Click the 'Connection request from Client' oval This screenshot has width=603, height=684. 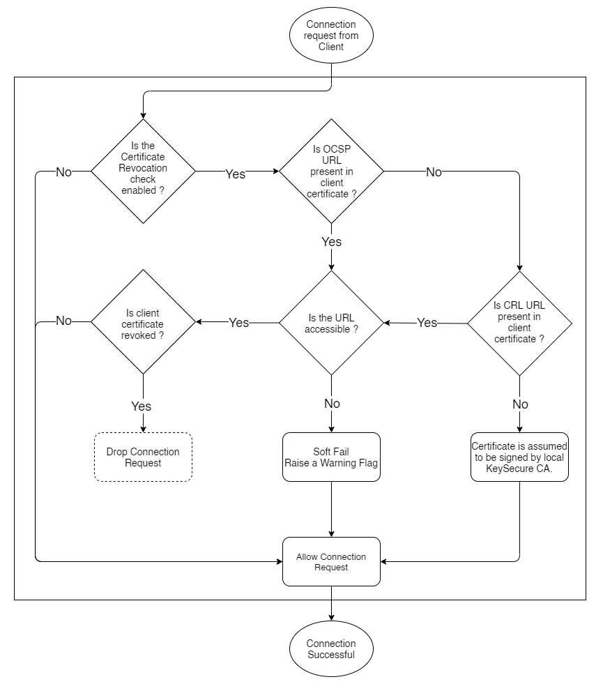tap(331, 36)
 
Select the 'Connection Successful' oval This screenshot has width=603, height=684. tap(331, 648)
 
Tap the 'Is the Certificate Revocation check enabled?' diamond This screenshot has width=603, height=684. tap(144, 172)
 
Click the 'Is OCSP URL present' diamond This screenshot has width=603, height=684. tap(331, 172)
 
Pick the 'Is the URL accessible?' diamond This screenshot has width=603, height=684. tap(331, 323)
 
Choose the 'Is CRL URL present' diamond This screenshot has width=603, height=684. tap(519, 323)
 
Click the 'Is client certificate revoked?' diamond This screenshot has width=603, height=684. tap(144, 323)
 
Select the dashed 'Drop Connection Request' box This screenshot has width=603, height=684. tap(144, 457)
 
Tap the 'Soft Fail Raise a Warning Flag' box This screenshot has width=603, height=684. tap(331, 457)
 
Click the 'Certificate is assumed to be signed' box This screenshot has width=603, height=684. tap(519, 457)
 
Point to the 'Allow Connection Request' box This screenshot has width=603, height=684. tap(331, 561)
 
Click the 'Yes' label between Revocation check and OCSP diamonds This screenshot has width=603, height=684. tap(236, 174)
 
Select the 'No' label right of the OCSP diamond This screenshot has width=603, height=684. tap(434, 172)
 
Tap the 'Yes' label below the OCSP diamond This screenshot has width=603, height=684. tap(331, 241)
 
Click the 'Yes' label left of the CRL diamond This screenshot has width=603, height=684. tap(427, 323)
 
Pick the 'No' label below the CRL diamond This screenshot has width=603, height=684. tap(519, 404)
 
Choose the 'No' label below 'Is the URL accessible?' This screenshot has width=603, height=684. tap(332, 404)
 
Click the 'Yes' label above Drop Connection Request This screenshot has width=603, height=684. tap(141, 406)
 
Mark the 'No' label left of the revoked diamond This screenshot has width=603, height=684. tap(63, 321)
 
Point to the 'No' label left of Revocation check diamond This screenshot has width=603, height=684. tap(63, 172)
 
